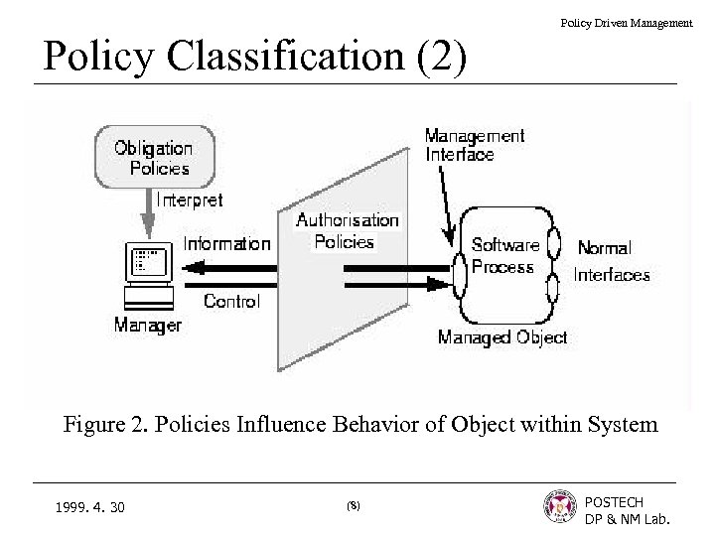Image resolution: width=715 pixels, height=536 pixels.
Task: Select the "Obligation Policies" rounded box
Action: pyautogui.click(x=153, y=157)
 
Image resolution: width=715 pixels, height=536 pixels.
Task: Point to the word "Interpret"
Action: pyautogui.click(x=190, y=200)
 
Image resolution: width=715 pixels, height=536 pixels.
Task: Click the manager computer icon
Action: pyautogui.click(x=148, y=274)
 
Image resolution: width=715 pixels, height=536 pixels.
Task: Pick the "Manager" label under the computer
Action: pyautogui.click(x=147, y=325)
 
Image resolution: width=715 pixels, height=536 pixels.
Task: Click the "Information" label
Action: pyautogui.click(x=226, y=243)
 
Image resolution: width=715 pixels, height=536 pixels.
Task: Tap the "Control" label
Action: pyautogui.click(x=231, y=301)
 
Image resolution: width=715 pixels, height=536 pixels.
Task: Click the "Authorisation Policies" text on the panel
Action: pyautogui.click(x=347, y=230)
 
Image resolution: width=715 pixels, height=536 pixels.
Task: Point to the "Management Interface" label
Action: pyautogui.click(x=475, y=144)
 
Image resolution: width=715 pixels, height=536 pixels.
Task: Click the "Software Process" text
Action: pyautogui.click(x=503, y=255)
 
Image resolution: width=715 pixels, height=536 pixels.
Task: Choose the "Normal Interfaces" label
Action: pyautogui.click(x=612, y=261)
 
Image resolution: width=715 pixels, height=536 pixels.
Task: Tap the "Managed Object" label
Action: pyautogui.click(x=502, y=337)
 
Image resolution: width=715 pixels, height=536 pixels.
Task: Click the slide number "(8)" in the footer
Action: pyautogui.click(x=354, y=506)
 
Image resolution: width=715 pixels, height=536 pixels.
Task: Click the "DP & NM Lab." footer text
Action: pyautogui.click(x=628, y=519)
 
